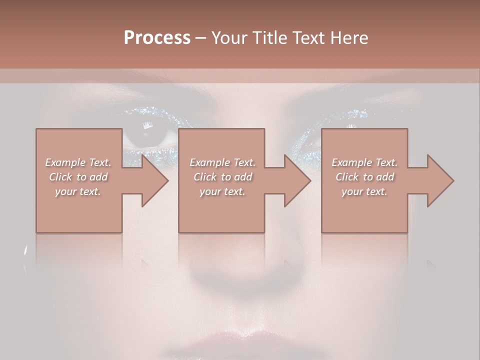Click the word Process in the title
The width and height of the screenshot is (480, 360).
157,38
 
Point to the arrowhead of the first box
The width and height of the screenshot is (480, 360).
154,180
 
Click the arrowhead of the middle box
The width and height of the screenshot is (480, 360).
297,180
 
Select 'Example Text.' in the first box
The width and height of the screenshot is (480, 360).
78,162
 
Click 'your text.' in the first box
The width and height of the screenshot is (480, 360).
78,191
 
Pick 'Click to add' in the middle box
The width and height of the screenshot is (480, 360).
222,177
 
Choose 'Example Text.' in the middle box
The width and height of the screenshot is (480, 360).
222,162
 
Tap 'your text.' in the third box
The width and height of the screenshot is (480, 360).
364,191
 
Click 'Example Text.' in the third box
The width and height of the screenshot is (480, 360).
364,162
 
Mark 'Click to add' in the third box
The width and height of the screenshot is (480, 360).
364,177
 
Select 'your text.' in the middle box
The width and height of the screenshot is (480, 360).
222,191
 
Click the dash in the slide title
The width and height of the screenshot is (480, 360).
200,38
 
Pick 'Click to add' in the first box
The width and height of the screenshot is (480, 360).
78,177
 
